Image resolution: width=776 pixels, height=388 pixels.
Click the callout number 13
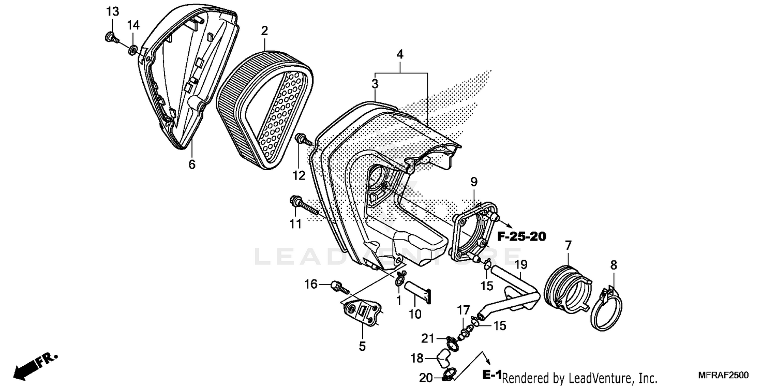point(112,11)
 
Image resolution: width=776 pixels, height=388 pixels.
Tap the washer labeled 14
point(133,50)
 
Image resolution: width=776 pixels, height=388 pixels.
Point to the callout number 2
point(264,31)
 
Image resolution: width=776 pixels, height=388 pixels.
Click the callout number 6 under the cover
point(192,165)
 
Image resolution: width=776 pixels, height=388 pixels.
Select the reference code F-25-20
point(521,237)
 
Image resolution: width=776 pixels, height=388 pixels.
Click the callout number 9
point(474,182)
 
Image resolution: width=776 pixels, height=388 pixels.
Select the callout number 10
point(415,314)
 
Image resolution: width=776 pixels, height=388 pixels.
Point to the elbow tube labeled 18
point(442,356)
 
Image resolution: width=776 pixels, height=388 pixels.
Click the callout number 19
point(520,265)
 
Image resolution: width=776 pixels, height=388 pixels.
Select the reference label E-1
point(491,375)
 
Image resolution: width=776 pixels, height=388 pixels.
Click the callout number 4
point(400,54)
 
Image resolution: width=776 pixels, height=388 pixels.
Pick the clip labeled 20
point(448,374)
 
